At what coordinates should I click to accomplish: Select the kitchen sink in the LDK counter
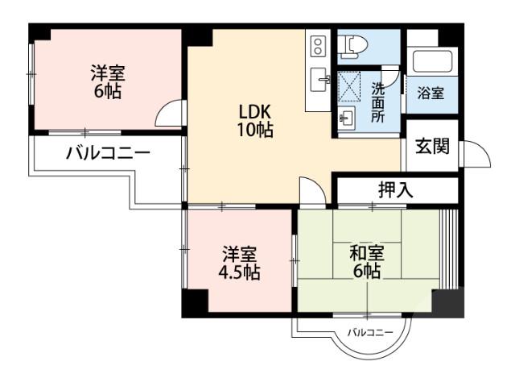[319, 78]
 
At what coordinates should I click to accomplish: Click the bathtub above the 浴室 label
[433, 62]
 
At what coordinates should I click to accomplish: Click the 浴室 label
[430, 93]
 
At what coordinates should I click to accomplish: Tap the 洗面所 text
[377, 102]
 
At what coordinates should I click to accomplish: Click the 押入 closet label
[395, 190]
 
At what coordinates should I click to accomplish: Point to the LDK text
[253, 111]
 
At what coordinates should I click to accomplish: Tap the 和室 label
[366, 254]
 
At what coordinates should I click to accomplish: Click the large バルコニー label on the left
[108, 152]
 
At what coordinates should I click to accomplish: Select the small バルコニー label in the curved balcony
[370, 332]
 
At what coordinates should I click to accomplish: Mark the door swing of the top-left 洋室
[170, 114]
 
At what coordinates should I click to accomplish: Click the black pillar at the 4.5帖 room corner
[194, 304]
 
